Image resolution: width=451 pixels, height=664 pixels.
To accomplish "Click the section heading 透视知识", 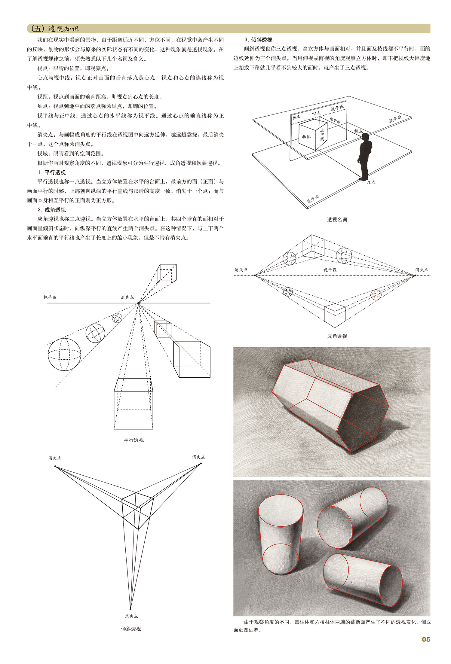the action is pos(63,29).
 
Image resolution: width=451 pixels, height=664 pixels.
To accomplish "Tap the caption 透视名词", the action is pos(337,220).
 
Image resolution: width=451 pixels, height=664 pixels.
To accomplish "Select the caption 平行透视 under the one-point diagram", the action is pos(133,440).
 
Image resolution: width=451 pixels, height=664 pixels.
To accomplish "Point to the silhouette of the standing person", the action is pos(365,156).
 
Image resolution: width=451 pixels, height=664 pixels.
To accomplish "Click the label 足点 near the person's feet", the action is pos(371,182).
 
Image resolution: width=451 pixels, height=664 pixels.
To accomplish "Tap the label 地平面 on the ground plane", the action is pos(313,199).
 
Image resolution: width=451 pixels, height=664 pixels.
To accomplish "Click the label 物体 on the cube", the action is pos(306,137).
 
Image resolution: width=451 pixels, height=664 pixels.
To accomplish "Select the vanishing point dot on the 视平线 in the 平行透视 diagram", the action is pos(138,303).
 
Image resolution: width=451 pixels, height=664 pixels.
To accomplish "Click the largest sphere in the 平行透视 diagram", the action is pos(64,354).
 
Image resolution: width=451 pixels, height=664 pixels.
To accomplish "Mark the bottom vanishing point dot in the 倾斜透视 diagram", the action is pos(130,609).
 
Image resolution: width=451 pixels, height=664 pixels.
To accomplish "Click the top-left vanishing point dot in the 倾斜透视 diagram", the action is pos(55,466).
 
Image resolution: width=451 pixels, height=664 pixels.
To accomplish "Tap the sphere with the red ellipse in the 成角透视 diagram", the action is pos(376,294).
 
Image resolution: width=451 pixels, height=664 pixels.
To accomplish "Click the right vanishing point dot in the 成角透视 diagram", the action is pos(415,275).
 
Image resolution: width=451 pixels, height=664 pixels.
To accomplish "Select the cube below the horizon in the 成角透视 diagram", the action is pos(335,315).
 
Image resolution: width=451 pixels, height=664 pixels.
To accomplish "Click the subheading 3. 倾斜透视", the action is pos(258,40).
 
